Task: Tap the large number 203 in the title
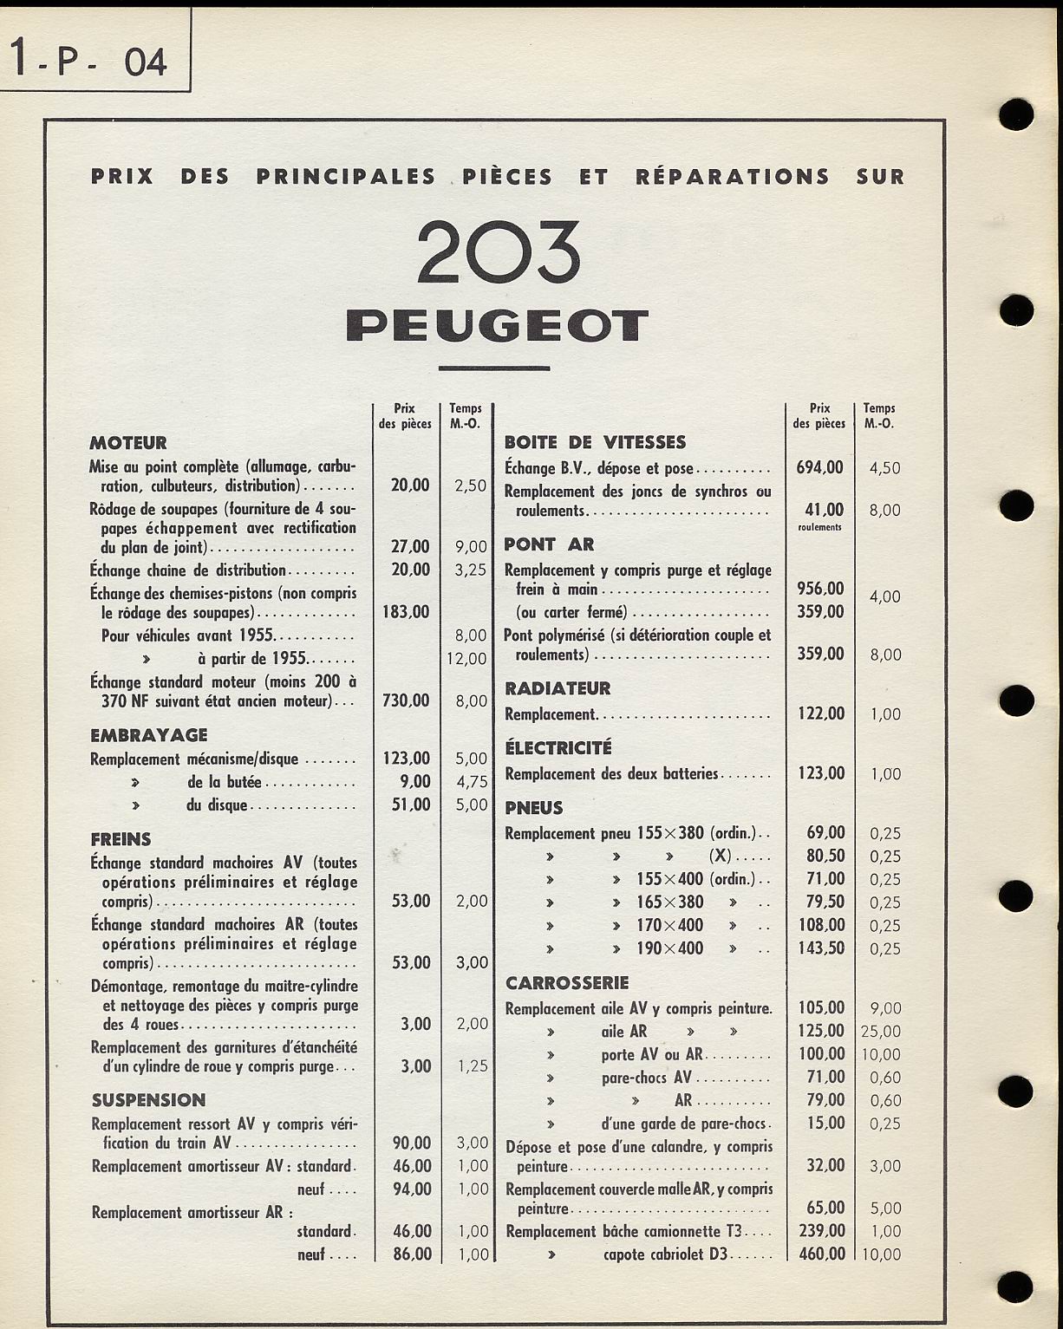coord(497,252)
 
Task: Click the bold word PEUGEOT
coord(497,326)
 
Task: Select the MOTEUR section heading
coord(128,443)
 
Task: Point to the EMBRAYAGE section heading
coord(148,735)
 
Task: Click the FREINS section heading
coord(121,839)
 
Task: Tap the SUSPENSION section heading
coord(148,1100)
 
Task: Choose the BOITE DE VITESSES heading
coord(595,442)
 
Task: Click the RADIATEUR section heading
coord(558,688)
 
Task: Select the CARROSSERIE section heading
coord(567,983)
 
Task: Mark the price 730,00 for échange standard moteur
coord(406,700)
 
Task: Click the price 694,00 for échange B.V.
coord(819,468)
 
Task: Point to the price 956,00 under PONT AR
coord(819,589)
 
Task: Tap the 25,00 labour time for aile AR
coord(881,1032)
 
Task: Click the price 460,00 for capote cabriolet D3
coord(820,1254)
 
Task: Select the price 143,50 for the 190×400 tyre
coord(820,948)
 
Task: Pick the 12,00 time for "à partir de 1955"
coord(466,659)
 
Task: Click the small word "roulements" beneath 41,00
coord(819,527)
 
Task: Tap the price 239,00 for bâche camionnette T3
coord(820,1231)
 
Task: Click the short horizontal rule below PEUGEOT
coord(494,368)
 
